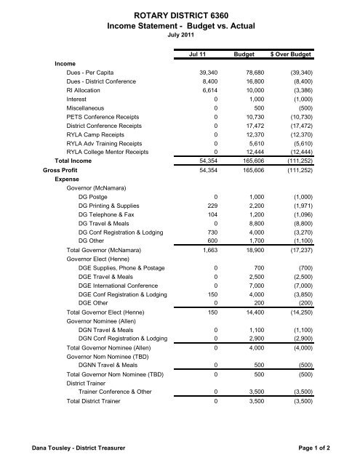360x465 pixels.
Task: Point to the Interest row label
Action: pos(79,107)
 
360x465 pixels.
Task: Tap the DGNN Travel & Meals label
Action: pos(113,405)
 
